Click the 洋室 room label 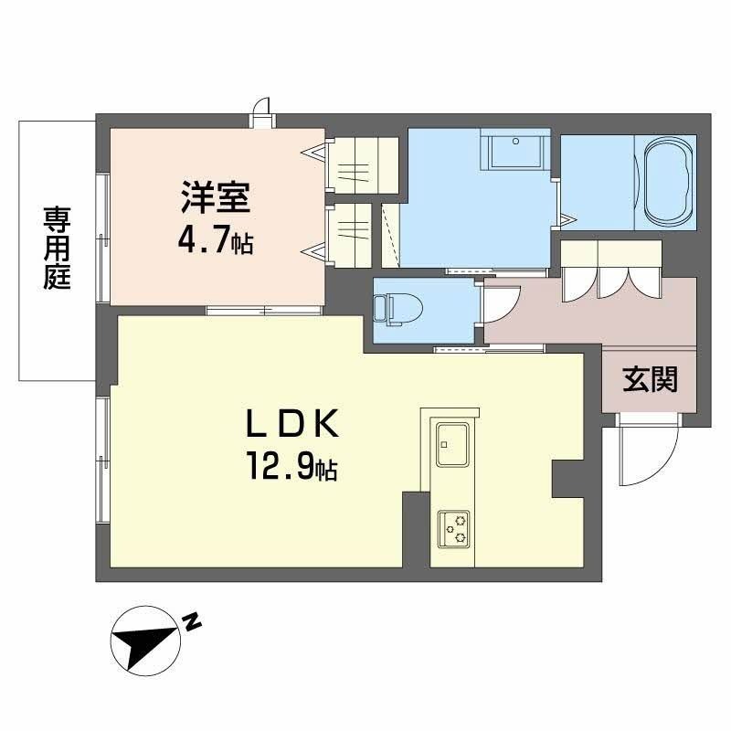tap(216, 199)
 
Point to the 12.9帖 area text tap(291, 468)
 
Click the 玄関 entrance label tap(651, 379)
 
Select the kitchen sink tap(451, 445)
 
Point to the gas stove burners tap(452, 527)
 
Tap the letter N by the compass tap(191, 623)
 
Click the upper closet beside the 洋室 tap(362, 165)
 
